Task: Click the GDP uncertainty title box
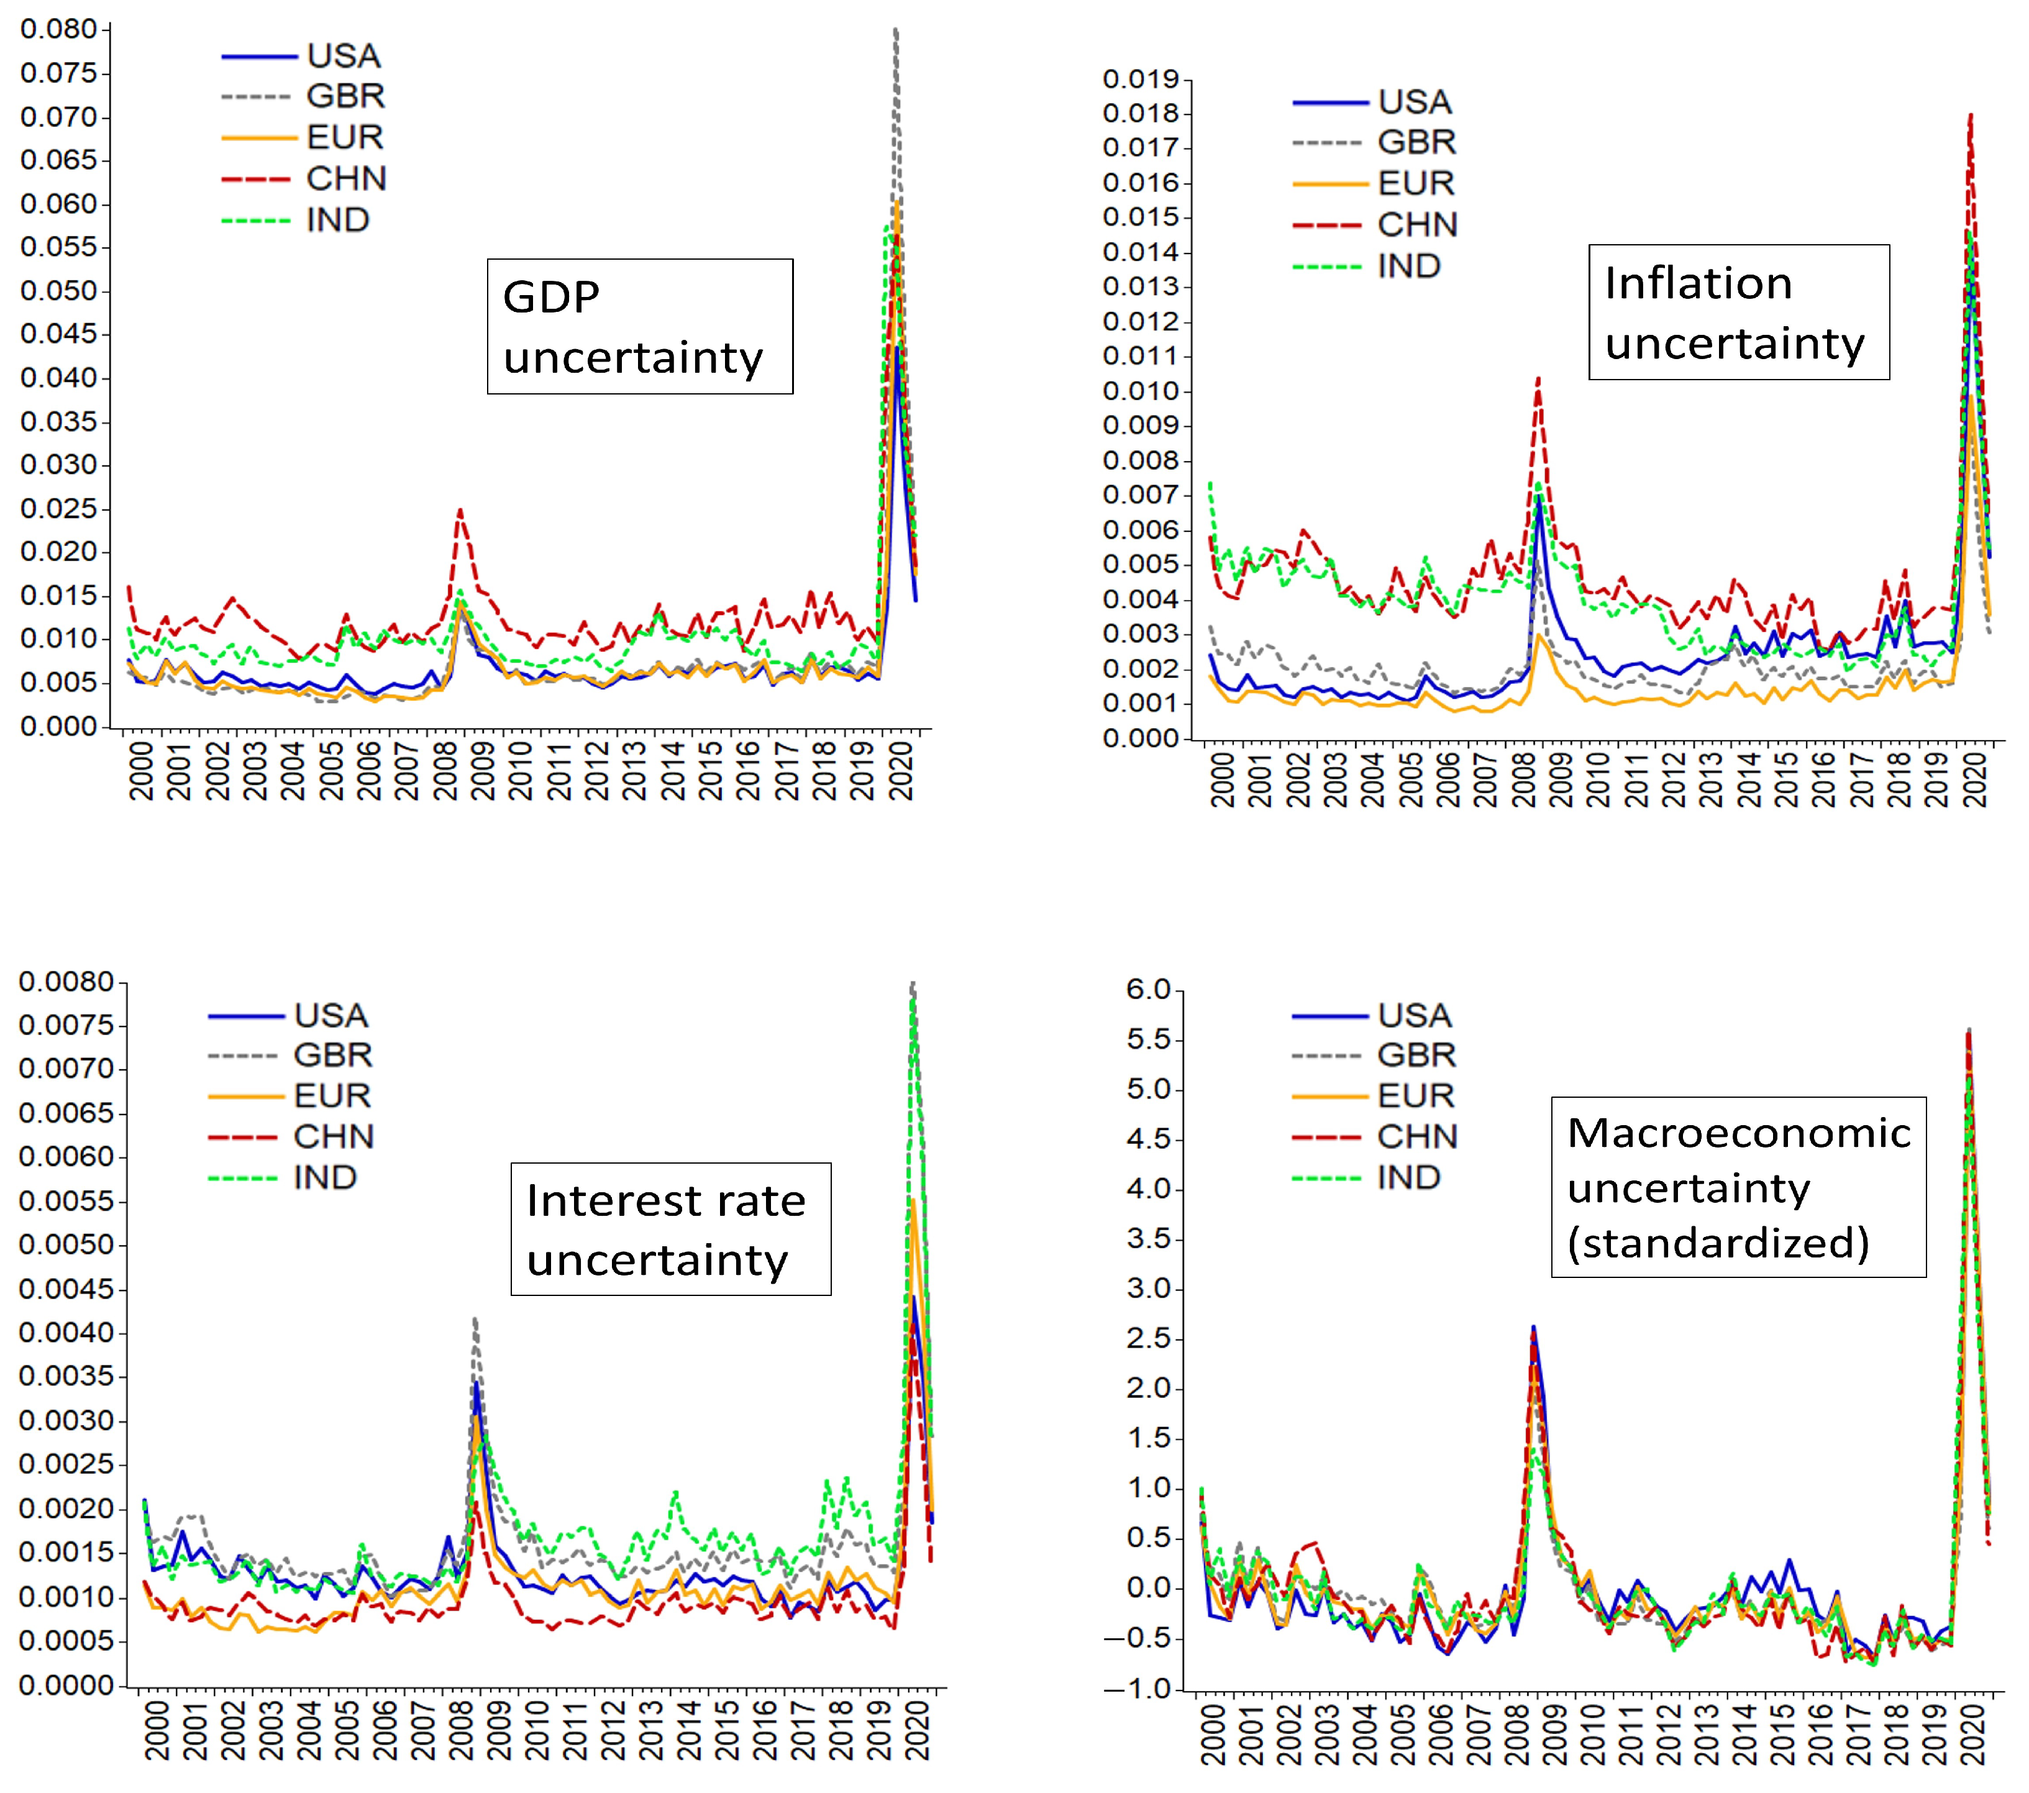pos(639,327)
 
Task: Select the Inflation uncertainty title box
pos(1738,312)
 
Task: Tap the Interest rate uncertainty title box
pos(670,1229)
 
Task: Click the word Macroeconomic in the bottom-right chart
pos(1738,1133)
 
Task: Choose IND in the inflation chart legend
pos(1408,266)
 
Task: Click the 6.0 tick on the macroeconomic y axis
pos(1149,989)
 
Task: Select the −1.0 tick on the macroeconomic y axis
pos(1142,1689)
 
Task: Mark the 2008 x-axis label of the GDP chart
pos(445,769)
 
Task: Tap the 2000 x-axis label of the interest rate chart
pos(157,1730)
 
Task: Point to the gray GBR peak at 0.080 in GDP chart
pos(895,31)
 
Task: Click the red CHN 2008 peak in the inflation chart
pos(1538,379)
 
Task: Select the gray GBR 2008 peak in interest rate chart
pos(475,1320)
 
